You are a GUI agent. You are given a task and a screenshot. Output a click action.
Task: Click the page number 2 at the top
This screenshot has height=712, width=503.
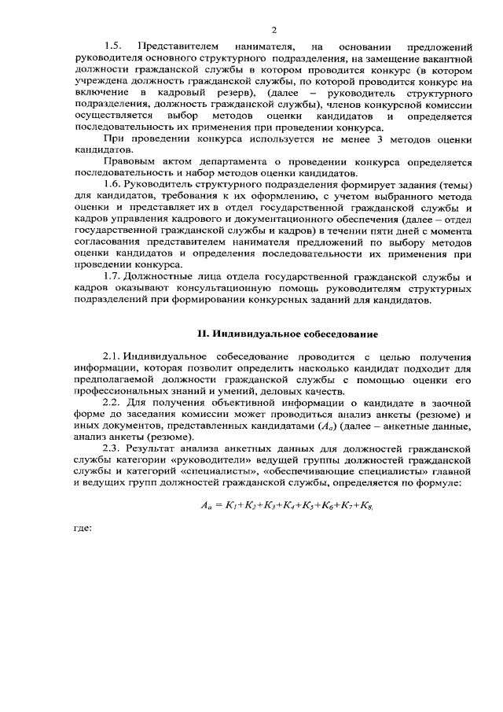click(274, 30)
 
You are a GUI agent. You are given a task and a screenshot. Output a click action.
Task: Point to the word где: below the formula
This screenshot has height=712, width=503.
click(82, 551)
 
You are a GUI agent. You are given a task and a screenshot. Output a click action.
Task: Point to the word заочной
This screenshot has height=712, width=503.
click(450, 404)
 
